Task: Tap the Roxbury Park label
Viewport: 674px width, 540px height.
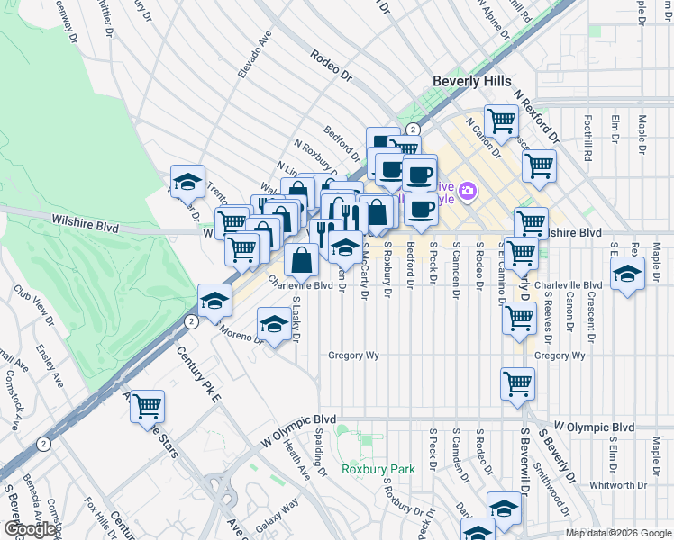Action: tap(378, 469)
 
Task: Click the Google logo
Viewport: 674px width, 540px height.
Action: tap(29, 529)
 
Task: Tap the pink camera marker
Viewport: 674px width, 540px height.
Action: tap(467, 190)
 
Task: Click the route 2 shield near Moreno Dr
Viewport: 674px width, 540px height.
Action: tap(190, 320)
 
